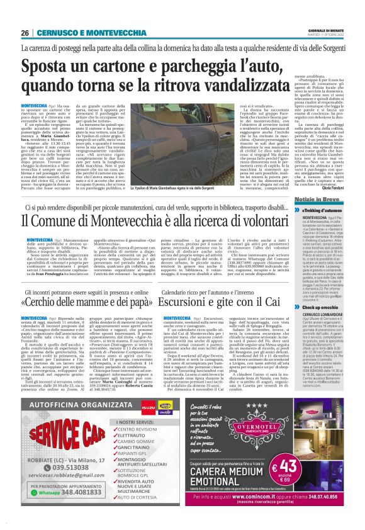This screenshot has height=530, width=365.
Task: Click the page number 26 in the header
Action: [x=25, y=33]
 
